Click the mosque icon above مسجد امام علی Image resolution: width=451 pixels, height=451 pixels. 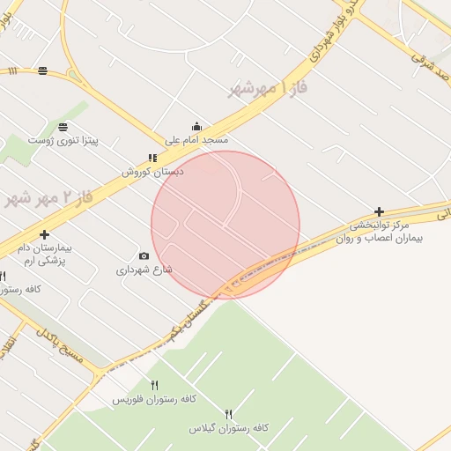click(x=196, y=126)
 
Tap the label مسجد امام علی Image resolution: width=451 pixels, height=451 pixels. click(x=196, y=140)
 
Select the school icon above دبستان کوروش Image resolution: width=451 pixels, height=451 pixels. click(x=152, y=159)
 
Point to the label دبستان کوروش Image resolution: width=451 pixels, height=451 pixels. click(x=152, y=173)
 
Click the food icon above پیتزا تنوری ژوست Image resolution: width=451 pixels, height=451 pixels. click(x=63, y=127)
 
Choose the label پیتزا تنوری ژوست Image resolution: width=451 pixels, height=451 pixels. click(x=63, y=141)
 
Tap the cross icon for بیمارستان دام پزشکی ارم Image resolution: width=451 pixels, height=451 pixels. click(x=43, y=234)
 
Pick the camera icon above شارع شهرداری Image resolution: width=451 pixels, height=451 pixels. click(x=144, y=255)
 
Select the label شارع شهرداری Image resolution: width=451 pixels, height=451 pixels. click(x=144, y=270)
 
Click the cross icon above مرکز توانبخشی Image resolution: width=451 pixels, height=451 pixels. click(x=379, y=211)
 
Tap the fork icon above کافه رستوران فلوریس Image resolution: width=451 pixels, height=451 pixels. click(x=155, y=385)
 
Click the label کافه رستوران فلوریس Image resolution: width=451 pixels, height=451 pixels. click(x=147, y=400)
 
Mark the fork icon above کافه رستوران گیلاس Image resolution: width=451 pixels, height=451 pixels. click(x=229, y=413)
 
